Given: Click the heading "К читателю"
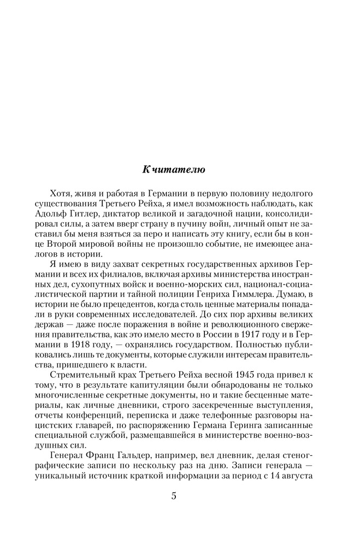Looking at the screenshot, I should (174, 169).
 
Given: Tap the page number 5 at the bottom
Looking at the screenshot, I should (174, 496).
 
